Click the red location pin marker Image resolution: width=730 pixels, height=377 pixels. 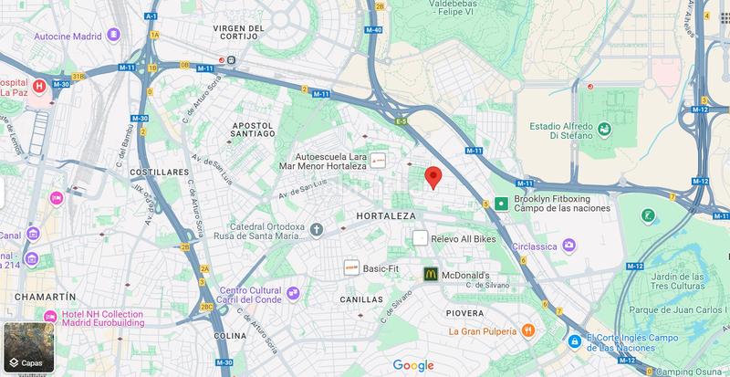tap(434, 177)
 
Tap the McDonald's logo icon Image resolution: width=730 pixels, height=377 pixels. tap(430, 274)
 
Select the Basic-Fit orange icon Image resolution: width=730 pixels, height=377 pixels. tap(351, 268)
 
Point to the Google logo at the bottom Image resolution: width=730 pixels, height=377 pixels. tap(413, 365)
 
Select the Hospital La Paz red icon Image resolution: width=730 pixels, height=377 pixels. tap(39, 87)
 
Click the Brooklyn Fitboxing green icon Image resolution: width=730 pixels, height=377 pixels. tap(501, 204)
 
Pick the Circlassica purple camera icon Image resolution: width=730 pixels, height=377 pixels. tap(569, 245)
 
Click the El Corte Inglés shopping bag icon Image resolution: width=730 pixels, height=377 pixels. tap(574, 341)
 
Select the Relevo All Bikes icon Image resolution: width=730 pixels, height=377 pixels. tap(420, 238)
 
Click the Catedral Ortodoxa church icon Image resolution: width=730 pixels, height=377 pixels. tap(317, 228)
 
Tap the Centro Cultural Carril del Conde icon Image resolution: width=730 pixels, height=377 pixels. tap(293, 293)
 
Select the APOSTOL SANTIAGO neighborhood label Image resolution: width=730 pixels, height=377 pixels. tap(241, 129)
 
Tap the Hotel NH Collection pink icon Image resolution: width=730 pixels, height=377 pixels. tap(50, 315)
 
